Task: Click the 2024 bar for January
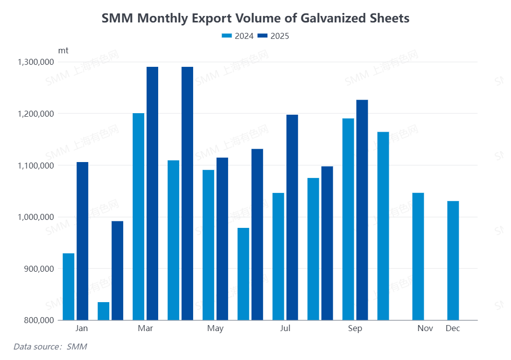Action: pos(68,287)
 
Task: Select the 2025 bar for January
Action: pos(82,241)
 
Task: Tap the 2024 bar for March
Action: pos(138,216)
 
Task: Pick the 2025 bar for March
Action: pos(152,193)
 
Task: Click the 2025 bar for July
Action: pos(292,217)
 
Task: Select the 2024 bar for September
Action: pos(348,219)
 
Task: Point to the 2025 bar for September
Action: pos(362,210)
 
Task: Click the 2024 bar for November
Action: pos(418,256)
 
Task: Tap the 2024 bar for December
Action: pos(453,260)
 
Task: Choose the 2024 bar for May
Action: pos(208,245)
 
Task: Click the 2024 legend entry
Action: pos(238,36)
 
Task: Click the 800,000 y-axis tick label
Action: pos(39,320)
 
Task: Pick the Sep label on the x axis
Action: pos(355,329)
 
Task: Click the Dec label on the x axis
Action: pos(453,329)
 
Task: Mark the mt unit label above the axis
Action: pos(63,50)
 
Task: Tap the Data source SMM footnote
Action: pos(46,347)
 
